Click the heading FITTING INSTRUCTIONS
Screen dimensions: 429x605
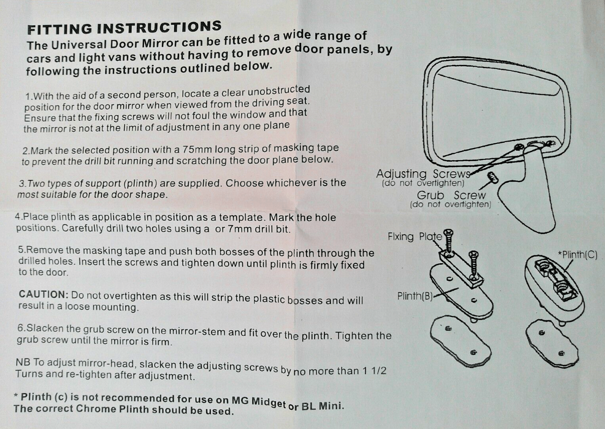click(124, 28)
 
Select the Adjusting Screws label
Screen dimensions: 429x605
click(422, 174)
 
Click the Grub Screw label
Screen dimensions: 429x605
click(451, 195)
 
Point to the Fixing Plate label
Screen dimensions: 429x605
click(414, 237)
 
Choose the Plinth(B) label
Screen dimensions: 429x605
click(415, 296)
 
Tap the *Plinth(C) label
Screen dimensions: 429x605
click(577, 255)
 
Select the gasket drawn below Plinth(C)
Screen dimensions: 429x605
click(552, 343)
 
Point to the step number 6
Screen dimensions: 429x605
click(22, 328)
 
